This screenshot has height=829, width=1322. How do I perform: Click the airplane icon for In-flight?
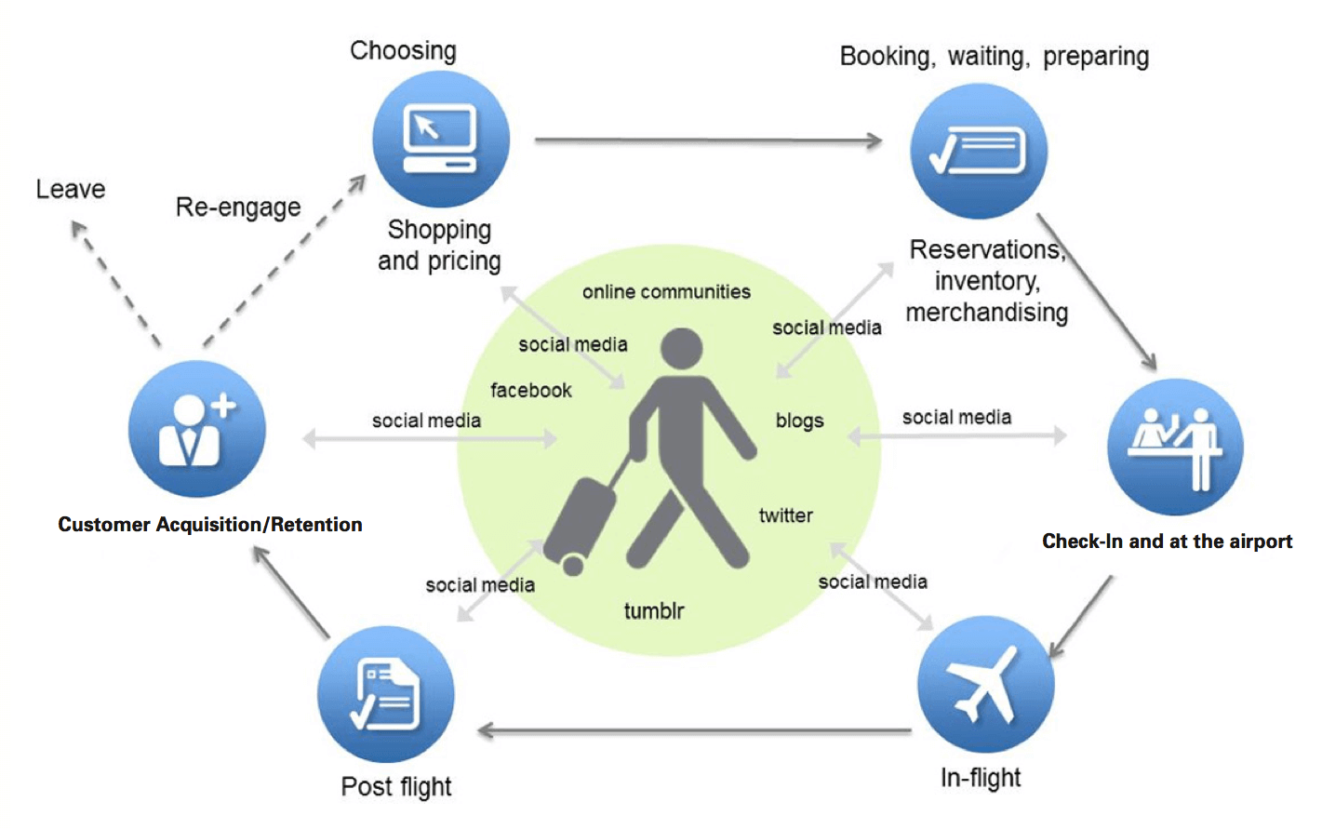click(x=985, y=685)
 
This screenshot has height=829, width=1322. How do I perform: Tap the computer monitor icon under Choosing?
click(x=440, y=139)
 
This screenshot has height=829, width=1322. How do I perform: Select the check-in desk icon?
click(x=1175, y=448)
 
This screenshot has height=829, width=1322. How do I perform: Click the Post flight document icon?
click(x=385, y=695)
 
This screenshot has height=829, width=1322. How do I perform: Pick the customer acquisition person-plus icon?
click(x=196, y=430)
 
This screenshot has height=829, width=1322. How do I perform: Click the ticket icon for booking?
click(x=978, y=152)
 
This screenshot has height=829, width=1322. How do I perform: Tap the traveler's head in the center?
click(x=681, y=348)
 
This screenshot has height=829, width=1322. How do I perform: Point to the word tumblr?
click(x=654, y=611)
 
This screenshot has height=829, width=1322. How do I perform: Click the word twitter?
click(x=785, y=515)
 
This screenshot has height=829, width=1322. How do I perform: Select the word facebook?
click(x=530, y=391)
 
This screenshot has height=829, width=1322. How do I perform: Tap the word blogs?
click(x=799, y=421)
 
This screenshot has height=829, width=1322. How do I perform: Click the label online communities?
click(x=666, y=292)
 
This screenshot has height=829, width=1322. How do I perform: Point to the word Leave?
click(x=71, y=190)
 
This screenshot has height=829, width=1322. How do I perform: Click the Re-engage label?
click(x=238, y=207)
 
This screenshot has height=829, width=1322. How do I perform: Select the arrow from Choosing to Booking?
click(x=707, y=140)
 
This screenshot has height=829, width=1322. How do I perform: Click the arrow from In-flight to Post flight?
click(x=693, y=730)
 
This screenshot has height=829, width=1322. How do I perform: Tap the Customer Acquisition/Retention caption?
click(x=210, y=525)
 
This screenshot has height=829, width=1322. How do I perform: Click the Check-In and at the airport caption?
click(x=1167, y=542)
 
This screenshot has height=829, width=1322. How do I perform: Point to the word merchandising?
click(x=986, y=313)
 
